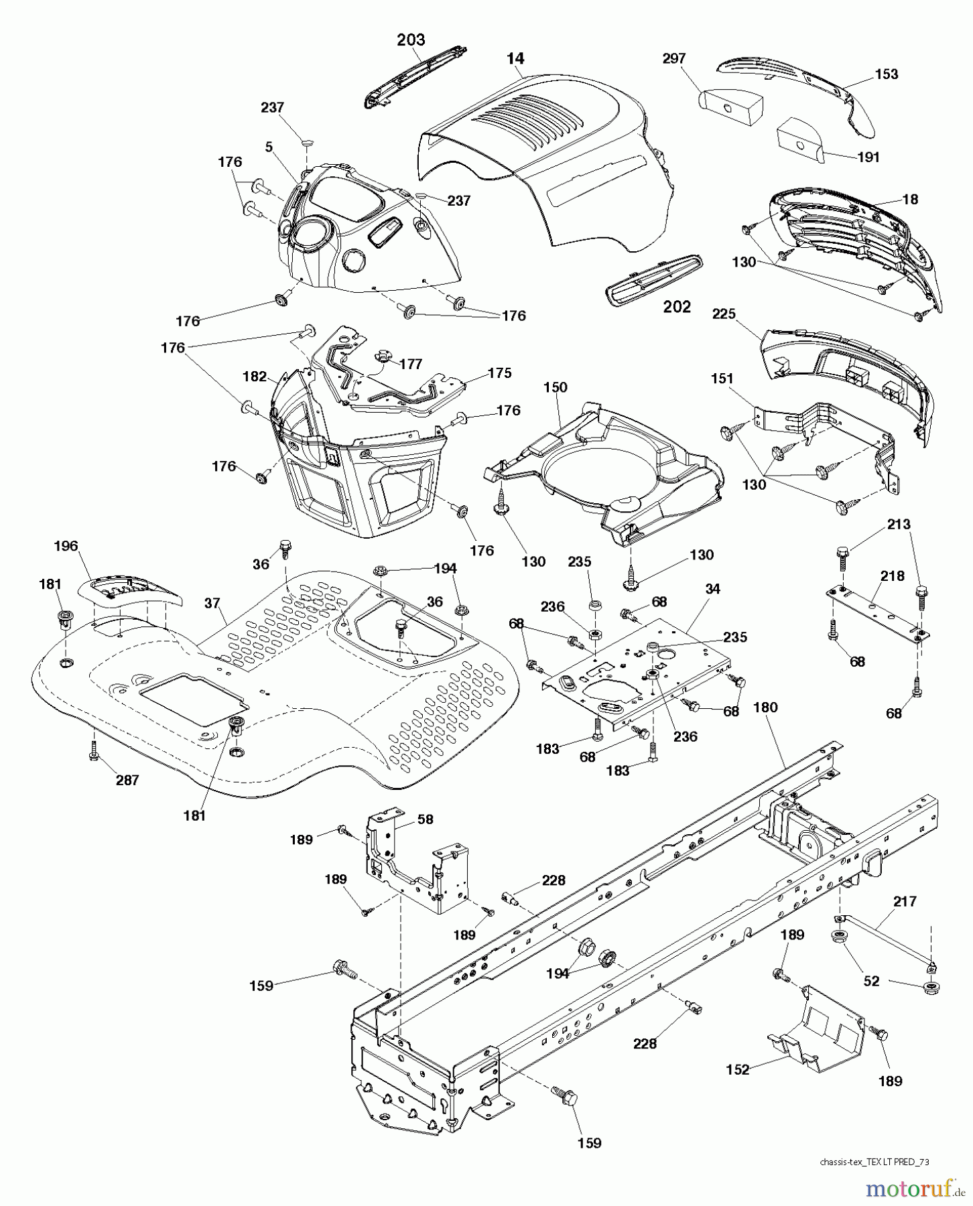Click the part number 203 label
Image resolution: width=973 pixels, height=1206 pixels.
(411, 40)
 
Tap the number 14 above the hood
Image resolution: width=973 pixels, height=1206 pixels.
(515, 58)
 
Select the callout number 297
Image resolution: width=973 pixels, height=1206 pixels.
(673, 58)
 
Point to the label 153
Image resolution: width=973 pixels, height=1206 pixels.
(886, 74)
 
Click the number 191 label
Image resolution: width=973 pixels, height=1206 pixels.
(868, 157)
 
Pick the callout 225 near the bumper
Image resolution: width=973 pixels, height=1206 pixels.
(724, 314)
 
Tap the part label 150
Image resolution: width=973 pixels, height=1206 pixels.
(555, 387)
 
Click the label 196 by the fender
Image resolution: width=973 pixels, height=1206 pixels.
(66, 547)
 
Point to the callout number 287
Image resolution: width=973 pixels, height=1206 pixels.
(127, 780)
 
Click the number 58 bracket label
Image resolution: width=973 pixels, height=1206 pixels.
(425, 819)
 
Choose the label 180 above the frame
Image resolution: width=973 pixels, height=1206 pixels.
(765, 708)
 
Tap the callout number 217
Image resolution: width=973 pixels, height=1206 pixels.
(905, 902)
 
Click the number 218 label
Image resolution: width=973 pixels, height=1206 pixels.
(892, 576)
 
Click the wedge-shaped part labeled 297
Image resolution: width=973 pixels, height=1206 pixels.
(730, 101)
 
